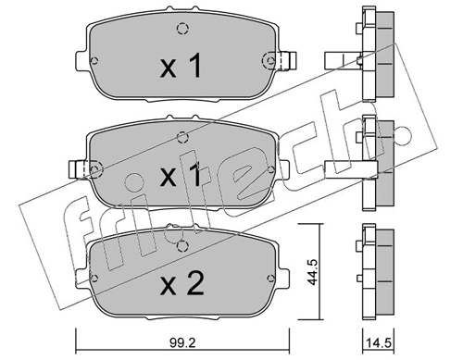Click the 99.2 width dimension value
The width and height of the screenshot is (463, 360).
click(x=182, y=342)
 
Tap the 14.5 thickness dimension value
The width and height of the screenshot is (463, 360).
click(x=379, y=342)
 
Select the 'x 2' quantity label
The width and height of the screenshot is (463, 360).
click(x=181, y=285)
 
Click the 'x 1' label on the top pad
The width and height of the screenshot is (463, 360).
click(x=181, y=65)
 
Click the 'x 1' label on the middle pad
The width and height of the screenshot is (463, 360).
click(x=181, y=175)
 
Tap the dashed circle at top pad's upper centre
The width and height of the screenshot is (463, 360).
click(x=182, y=29)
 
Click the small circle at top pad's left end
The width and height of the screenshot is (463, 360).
click(x=94, y=60)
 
